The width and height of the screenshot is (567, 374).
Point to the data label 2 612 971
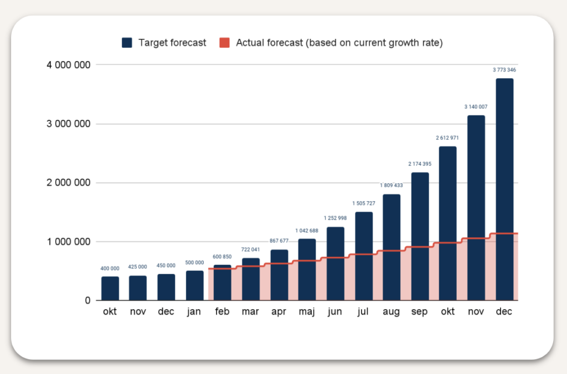(x=448, y=138)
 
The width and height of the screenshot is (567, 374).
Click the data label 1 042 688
(x=307, y=230)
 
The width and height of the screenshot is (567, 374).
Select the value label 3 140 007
(x=476, y=107)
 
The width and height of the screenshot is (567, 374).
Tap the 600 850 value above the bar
(x=222, y=256)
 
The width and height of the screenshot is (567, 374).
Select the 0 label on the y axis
(x=87, y=301)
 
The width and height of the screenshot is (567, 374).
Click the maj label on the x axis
(x=307, y=312)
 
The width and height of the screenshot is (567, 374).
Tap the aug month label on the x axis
(x=391, y=312)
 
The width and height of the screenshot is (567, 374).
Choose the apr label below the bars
(x=279, y=312)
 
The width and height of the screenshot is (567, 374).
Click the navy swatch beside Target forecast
(x=127, y=43)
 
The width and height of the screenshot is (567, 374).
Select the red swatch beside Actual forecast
(x=225, y=43)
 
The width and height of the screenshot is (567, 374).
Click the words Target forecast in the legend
(x=172, y=43)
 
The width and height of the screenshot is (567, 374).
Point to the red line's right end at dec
(x=517, y=234)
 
